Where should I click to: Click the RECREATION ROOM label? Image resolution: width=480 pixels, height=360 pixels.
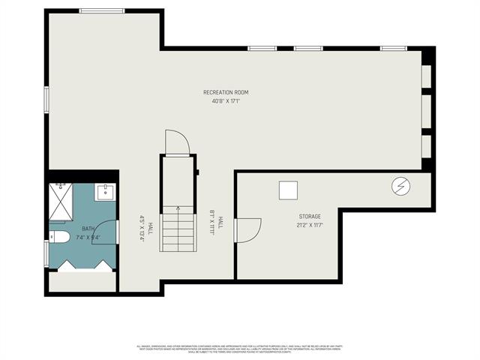226,92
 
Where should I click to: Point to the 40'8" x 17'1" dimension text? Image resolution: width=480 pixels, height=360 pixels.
226,101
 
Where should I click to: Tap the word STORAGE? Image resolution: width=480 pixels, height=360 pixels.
310,216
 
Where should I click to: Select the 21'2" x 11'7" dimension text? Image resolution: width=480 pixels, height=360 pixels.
310,224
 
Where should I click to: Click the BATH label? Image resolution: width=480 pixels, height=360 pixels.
88,229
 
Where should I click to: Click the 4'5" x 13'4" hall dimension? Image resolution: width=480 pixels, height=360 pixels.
141,226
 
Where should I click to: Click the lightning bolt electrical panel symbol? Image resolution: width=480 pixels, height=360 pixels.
401,185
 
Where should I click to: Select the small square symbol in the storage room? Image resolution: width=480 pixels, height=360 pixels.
289,190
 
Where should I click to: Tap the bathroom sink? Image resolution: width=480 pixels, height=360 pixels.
106,192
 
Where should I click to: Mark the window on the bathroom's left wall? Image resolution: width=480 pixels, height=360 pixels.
47,253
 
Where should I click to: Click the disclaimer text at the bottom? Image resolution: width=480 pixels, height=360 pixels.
240,349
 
